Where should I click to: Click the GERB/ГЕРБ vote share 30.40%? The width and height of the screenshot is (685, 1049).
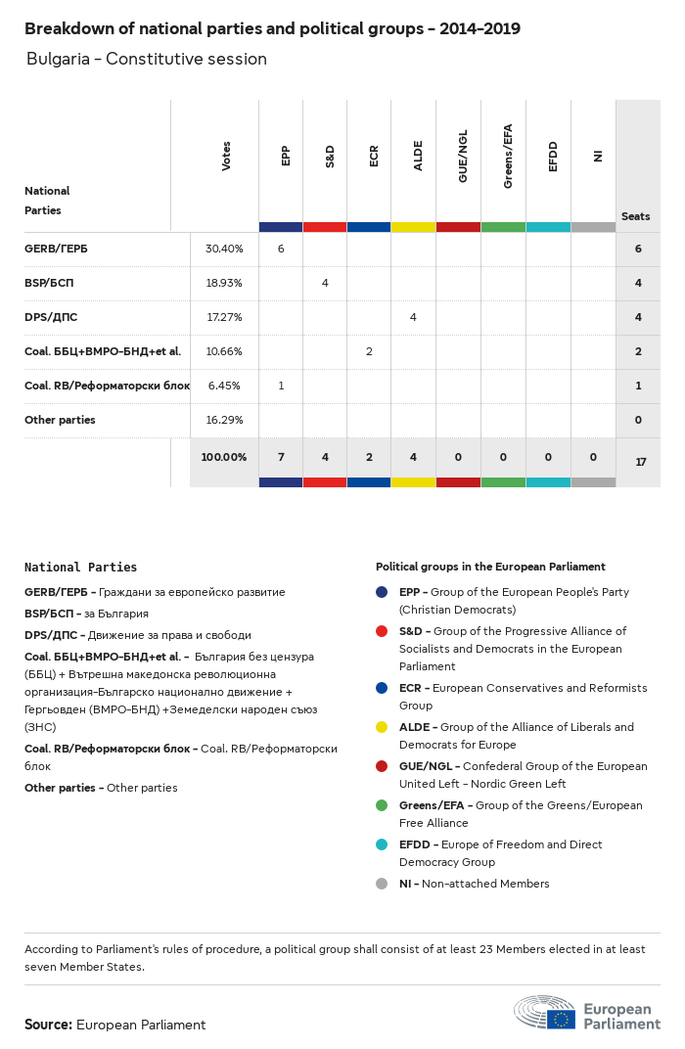click(224, 249)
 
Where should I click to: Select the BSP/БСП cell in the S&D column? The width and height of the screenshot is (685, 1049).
click(325, 283)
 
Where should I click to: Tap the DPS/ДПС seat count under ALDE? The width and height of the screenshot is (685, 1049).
click(413, 317)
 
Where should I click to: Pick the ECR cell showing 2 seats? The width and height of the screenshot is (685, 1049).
click(369, 351)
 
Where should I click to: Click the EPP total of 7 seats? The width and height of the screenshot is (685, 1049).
click(281, 457)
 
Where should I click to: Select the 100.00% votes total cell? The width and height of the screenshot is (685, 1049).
click(224, 457)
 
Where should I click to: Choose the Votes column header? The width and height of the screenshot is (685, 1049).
click(226, 157)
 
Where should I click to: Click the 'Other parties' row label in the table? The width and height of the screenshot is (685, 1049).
click(60, 420)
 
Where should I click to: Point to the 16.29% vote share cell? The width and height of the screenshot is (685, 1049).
click(224, 420)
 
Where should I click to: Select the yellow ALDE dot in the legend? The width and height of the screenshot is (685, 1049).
click(382, 727)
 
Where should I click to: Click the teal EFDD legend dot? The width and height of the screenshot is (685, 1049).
click(382, 844)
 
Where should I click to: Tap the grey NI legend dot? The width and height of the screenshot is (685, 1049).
click(382, 884)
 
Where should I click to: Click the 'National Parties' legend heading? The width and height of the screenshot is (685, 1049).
click(80, 568)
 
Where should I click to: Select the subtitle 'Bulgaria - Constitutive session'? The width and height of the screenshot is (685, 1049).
click(147, 59)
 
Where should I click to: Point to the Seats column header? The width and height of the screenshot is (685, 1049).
click(635, 216)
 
